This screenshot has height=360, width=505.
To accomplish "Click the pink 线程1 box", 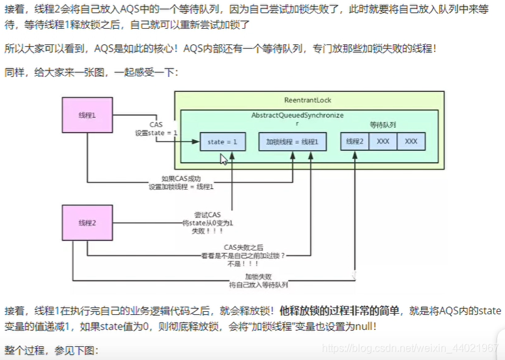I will tap(87, 115).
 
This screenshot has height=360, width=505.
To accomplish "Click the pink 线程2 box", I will tap(87, 222).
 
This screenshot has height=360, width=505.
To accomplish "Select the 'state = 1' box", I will tap(222, 142).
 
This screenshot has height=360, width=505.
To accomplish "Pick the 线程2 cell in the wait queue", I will tap(354, 142).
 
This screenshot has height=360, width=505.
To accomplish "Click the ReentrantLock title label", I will tap(310, 100).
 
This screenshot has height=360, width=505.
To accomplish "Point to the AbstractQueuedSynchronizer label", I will tap(297, 115).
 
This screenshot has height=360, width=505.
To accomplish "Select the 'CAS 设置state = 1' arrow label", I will tap(156, 128).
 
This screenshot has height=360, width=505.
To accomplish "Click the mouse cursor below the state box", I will tap(223, 160).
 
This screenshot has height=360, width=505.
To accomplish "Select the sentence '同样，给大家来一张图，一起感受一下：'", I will tap(91, 72).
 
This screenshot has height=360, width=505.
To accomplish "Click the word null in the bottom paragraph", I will tap(363, 327).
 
